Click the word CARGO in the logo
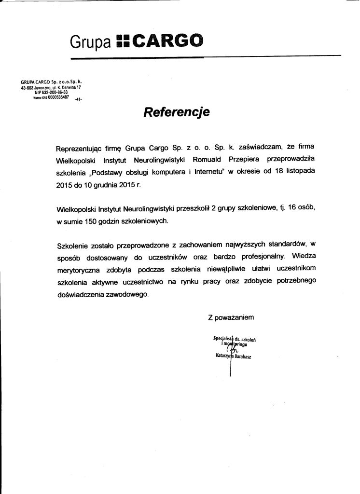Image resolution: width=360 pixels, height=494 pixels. (164, 41)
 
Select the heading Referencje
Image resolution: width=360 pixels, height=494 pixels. (176, 112)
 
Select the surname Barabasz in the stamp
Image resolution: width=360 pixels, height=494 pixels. (245, 357)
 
